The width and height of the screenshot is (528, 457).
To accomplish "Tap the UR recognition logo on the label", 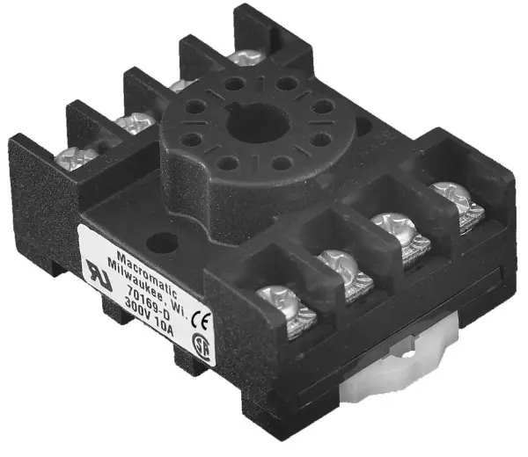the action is pos(99,274).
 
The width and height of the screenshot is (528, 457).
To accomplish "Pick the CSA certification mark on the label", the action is pos(201,345).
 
